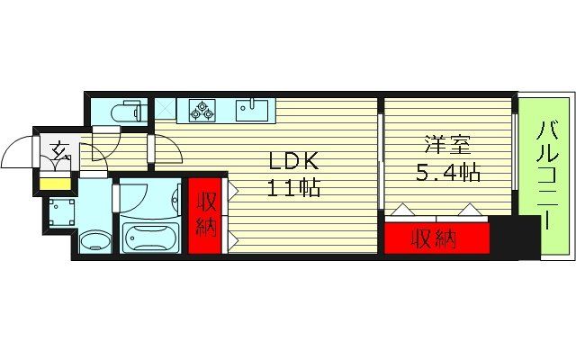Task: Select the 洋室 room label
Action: [x=446, y=144]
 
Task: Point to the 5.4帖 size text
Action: [x=447, y=171]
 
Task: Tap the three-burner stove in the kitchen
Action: [x=203, y=111]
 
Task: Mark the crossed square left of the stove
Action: [x=166, y=110]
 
